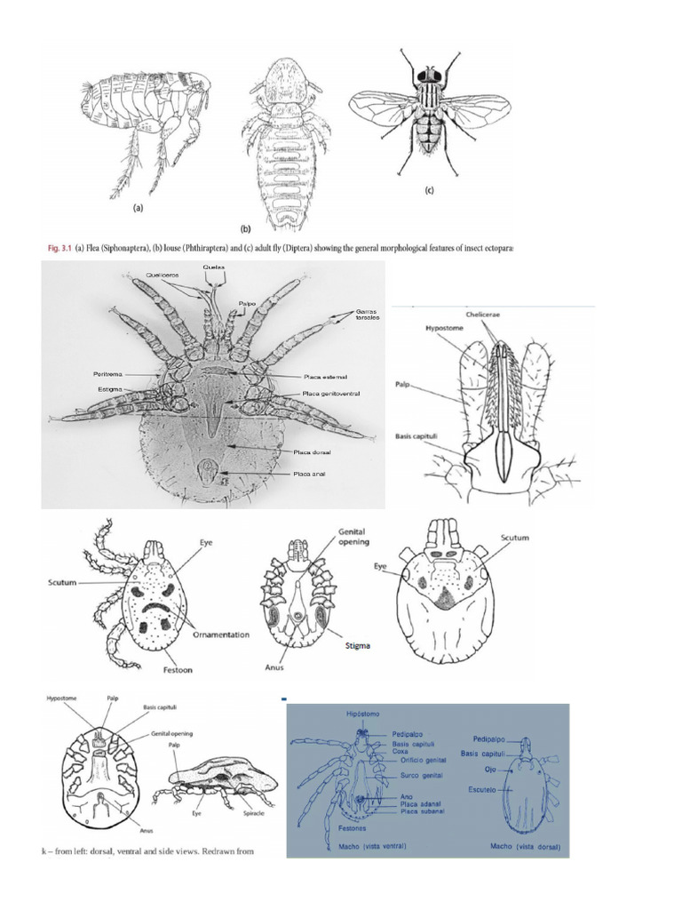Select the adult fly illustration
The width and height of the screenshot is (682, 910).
[x=429, y=111]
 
